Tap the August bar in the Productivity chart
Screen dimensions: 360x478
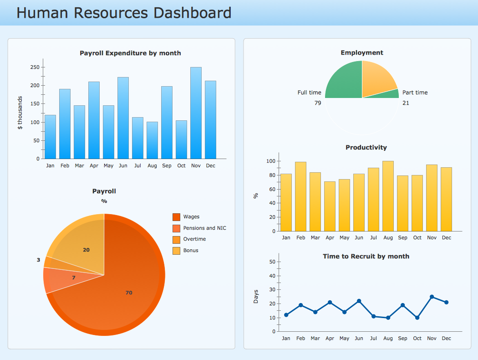tap(388, 196)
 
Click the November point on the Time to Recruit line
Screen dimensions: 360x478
tap(432, 297)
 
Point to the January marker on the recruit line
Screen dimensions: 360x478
tap(286, 315)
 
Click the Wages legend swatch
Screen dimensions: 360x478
tap(176, 217)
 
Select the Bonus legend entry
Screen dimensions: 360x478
tap(191, 251)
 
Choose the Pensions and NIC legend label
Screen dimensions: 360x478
tap(204, 228)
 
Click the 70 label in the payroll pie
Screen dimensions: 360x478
tap(129, 293)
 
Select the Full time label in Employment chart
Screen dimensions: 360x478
tap(309, 93)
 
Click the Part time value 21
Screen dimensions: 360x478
tap(406, 103)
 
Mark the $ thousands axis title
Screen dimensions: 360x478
tap(20, 113)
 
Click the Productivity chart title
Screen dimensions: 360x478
tap(366, 148)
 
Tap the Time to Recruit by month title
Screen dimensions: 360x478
tap(366, 257)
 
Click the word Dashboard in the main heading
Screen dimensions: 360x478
tap(191, 13)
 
